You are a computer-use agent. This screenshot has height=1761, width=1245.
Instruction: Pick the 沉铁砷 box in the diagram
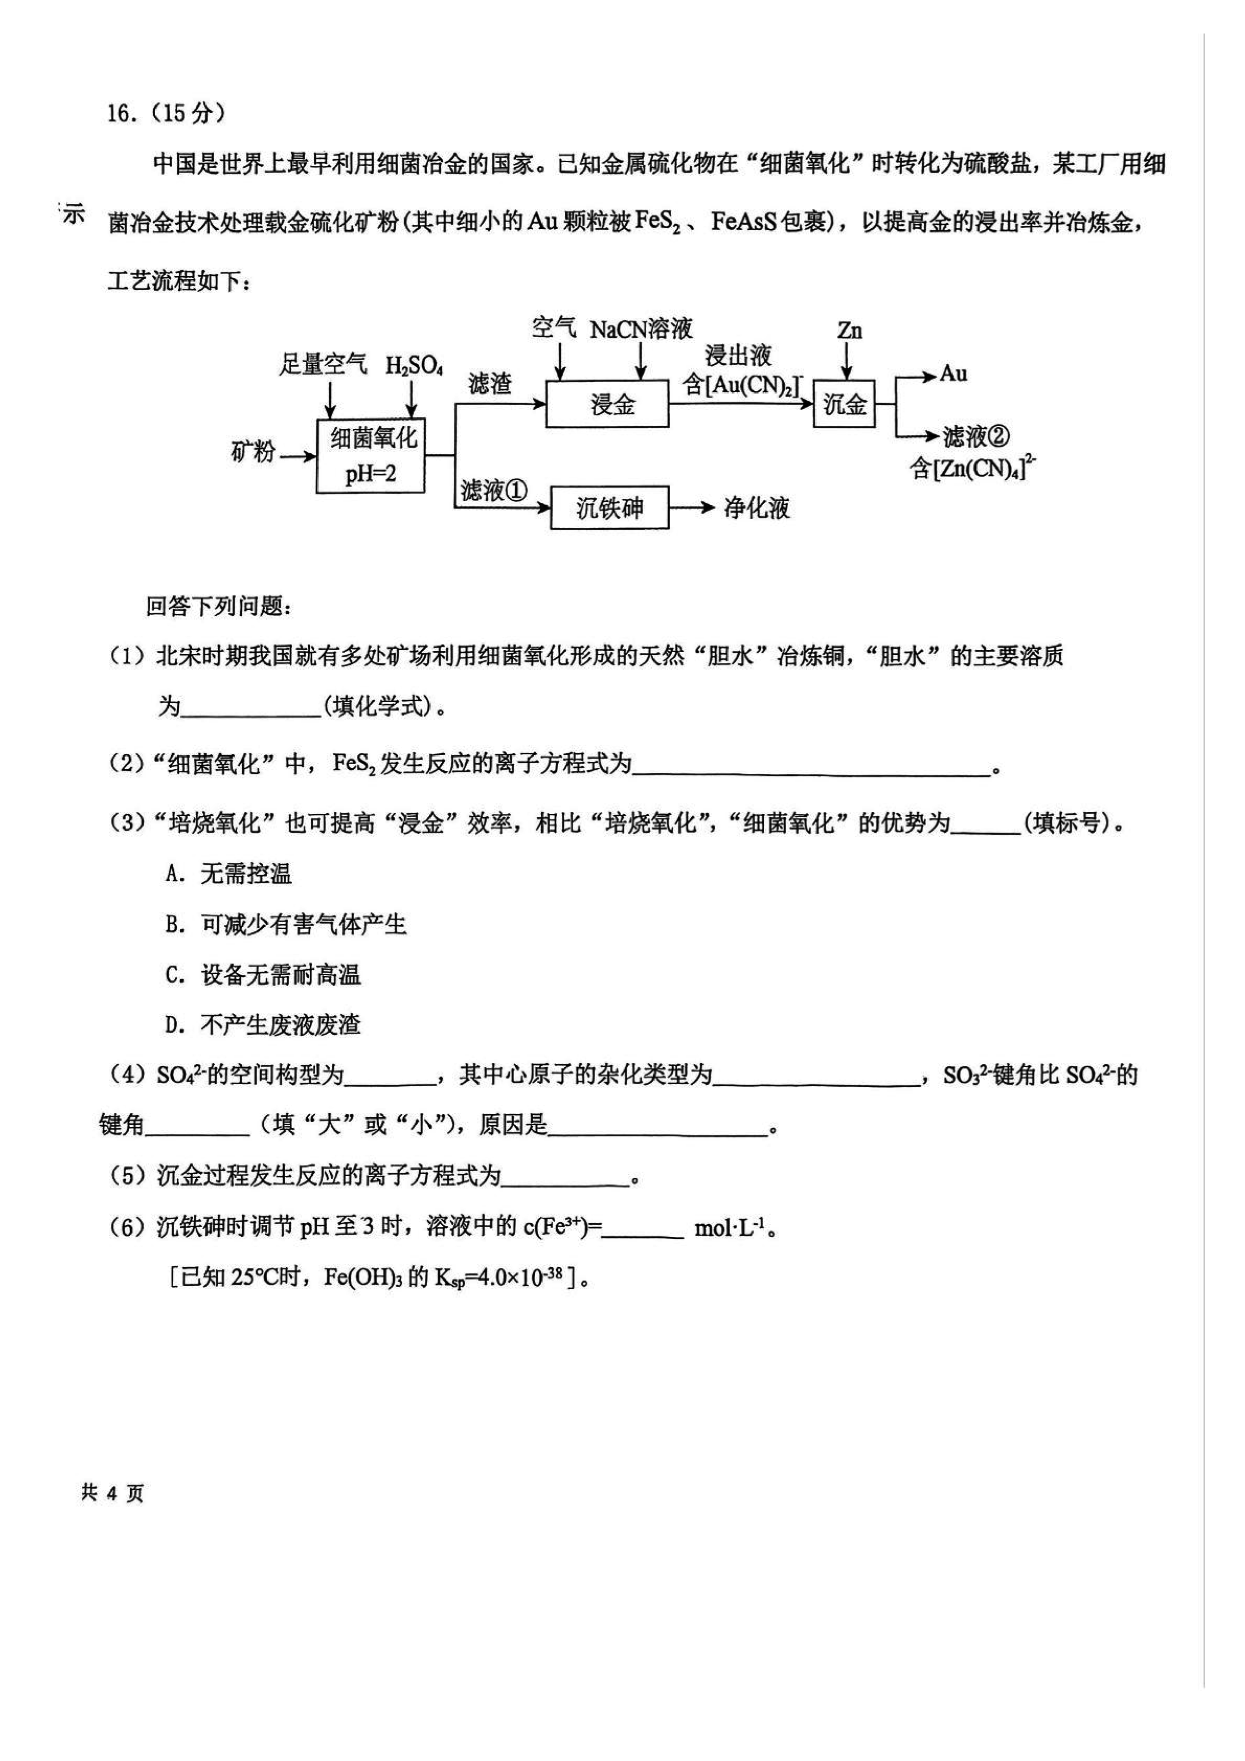point(609,508)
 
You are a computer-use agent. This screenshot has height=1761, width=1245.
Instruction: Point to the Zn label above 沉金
point(849,330)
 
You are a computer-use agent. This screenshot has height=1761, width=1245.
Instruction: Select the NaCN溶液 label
point(641,330)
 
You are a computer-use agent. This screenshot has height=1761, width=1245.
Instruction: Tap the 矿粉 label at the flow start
point(252,452)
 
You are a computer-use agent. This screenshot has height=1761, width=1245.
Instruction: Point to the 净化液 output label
point(757,508)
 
